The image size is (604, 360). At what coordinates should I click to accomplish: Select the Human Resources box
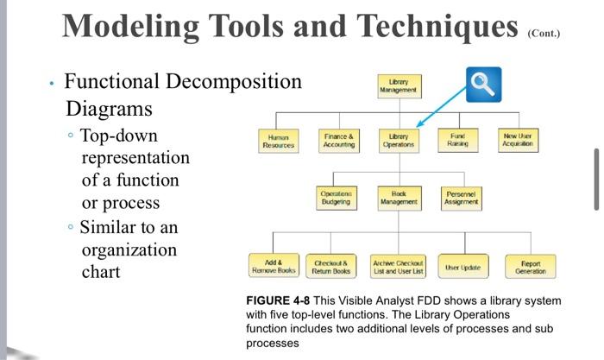pyautogui.click(x=280, y=141)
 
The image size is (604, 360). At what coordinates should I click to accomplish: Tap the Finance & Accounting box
pyautogui.click(x=339, y=141)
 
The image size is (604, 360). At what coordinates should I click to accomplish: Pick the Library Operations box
pyautogui.click(x=399, y=141)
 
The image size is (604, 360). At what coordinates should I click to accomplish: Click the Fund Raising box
pyautogui.click(x=457, y=140)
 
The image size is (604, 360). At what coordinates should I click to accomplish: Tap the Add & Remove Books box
pyautogui.click(x=274, y=265)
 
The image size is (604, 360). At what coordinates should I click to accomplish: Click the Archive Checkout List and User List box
pyautogui.click(x=398, y=265)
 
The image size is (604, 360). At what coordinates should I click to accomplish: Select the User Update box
pyautogui.click(x=463, y=266)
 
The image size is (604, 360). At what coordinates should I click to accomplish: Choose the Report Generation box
pyautogui.click(x=530, y=266)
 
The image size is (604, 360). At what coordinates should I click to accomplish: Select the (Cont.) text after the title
pyautogui.click(x=544, y=36)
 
